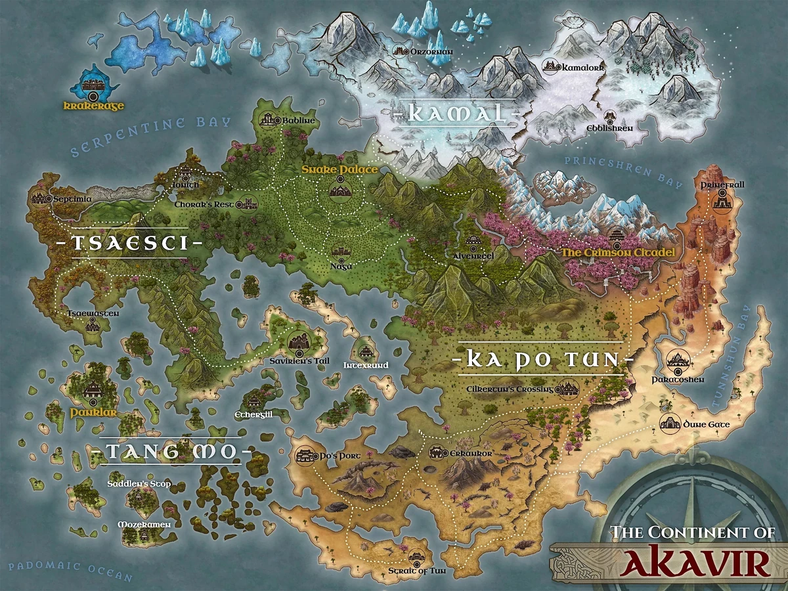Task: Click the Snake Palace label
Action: (339, 170)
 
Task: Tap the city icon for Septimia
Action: (41, 197)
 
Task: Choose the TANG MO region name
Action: (170, 452)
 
